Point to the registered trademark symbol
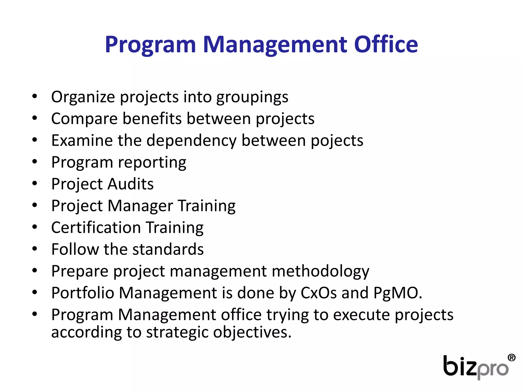pos(512,358)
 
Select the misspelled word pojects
pos(337,141)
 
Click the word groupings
pos(252,97)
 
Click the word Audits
pos(130,184)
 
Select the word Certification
pos(96,228)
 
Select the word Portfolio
pos(83,293)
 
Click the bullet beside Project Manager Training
pos(35,205)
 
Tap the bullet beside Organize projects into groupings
pos(35,96)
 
